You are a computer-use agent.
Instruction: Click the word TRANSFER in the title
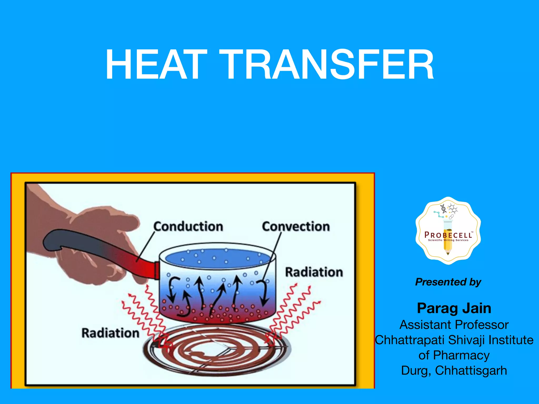tap(326, 65)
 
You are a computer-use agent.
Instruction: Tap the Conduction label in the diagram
tap(188, 226)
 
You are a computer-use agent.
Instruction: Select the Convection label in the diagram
tap(296, 226)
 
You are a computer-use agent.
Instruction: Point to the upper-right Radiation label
tap(314, 272)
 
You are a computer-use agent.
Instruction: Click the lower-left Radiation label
tap(110, 333)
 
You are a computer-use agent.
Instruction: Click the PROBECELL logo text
tap(448, 235)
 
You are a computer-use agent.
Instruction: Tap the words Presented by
tap(448, 282)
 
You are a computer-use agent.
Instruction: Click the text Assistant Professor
tap(454, 325)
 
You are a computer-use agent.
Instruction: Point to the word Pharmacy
tap(461, 355)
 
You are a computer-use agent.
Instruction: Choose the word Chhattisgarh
tap(471, 371)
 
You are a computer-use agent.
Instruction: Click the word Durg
tap(415, 371)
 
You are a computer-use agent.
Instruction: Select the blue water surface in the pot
tap(218, 259)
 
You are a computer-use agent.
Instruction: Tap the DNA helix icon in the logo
tap(443, 208)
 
